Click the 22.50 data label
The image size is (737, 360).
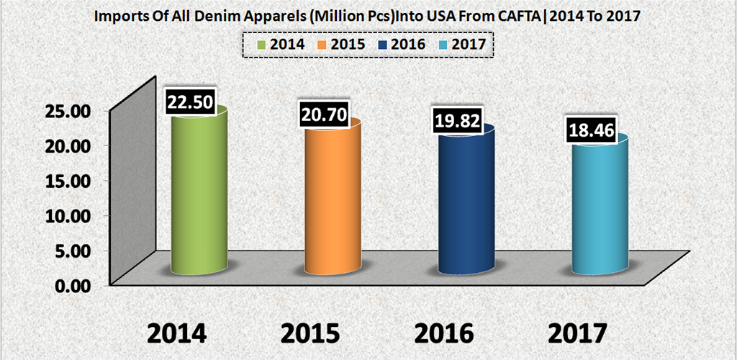click(x=189, y=102)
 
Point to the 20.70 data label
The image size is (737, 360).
click(x=323, y=114)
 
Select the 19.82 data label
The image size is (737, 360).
click(x=456, y=120)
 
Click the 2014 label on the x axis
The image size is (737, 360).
click(x=178, y=333)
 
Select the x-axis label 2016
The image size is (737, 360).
click(x=444, y=333)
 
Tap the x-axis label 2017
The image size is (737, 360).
click(x=577, y=333)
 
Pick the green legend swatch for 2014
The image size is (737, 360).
click(x=261, y=44)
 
